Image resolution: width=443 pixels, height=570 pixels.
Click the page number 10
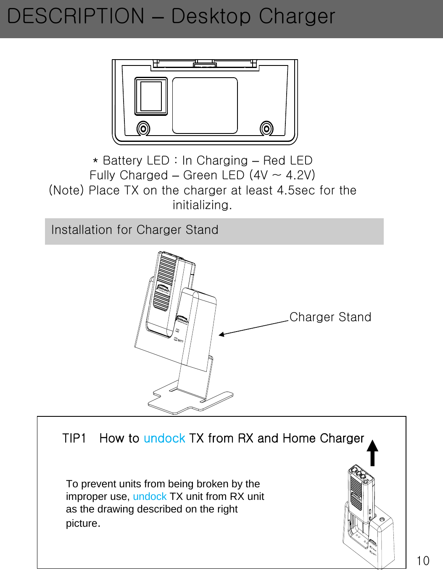[x=423, y=560]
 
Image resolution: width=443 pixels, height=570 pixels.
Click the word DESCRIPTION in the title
[x=76, y=17]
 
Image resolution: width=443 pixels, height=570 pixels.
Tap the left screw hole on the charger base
[x=143, y=128]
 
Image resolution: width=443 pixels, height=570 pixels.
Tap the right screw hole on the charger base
[x=266, y=128]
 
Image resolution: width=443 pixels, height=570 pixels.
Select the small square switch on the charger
[x=151, y=96]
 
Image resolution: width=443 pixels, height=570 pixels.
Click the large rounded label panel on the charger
[x=205, y=105]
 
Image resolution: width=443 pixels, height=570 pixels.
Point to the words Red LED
[x=287, y=160]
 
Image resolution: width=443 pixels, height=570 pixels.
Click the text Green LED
[x=214, y=175]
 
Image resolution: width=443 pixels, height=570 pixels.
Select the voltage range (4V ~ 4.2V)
[x=282, y=175]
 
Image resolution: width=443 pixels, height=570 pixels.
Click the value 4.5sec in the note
[x=296, y=190]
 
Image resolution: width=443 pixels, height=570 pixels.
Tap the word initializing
[x=202, y=205]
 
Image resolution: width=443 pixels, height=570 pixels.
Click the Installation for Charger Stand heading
[x=134, y=230]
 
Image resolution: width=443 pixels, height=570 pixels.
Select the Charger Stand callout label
[x=330, y=317]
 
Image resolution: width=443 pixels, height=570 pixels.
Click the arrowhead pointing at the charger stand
[x=221, y=335]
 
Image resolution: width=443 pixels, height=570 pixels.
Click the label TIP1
[x=74, y=438]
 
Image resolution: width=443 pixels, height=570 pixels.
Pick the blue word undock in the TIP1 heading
[x=164, y=438]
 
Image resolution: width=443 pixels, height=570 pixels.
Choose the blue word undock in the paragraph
[x=150, y=497]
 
